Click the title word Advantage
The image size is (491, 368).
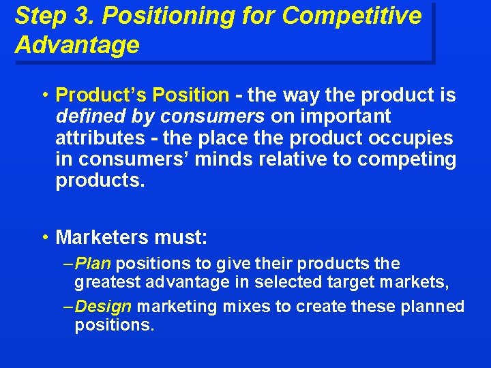coord(76,45)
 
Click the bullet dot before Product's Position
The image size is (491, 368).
coord(44,95)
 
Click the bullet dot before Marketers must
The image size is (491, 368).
coord(44,238)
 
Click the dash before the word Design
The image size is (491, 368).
coord(68,307)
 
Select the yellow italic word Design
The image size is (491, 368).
coord(103,307)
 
